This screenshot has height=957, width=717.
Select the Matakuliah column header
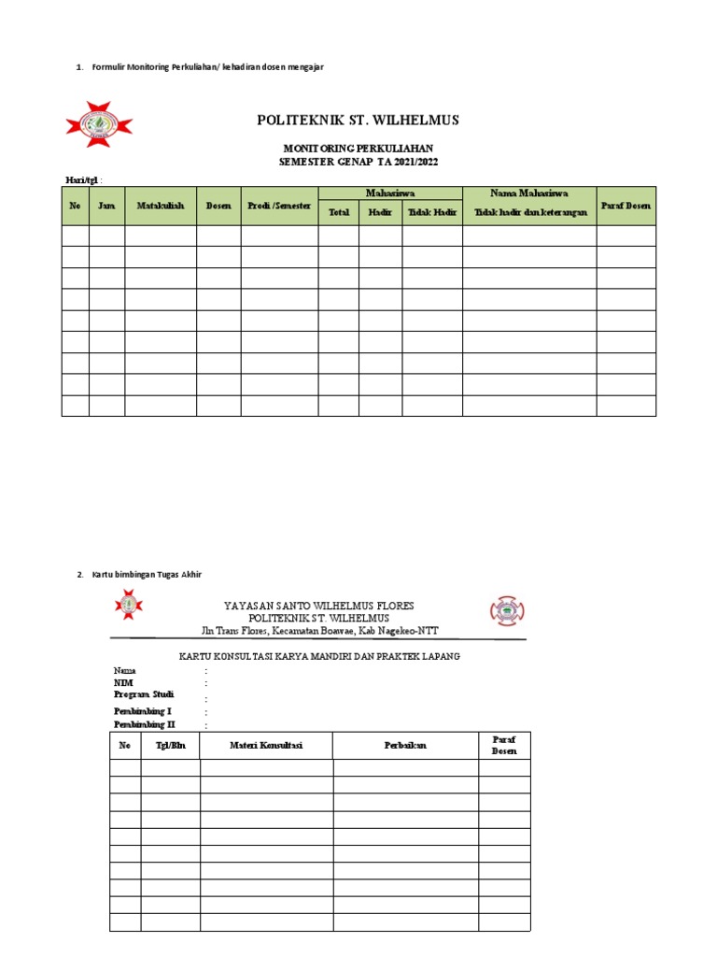(161, 206)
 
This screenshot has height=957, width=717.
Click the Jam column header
(106, 206)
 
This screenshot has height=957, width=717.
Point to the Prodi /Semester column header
(279, 206)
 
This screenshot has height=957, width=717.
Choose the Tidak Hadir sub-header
(432, 212)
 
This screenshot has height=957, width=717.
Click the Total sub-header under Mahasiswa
(338, 212)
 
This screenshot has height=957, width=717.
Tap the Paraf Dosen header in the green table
(626, 206)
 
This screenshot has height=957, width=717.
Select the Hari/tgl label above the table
(81, 179)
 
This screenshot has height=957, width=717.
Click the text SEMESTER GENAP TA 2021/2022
(358, 162)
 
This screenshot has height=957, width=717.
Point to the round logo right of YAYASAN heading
(507, 611)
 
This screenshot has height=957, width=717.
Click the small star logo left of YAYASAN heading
(128, 606)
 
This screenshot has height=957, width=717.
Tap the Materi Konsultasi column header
(266, 745)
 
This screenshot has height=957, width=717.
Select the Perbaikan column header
(405, 745)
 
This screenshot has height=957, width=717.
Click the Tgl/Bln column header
(170, 745)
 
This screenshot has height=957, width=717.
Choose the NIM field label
(122, 683)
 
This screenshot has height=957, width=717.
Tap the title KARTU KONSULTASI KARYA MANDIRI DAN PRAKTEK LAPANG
(318, 656)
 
